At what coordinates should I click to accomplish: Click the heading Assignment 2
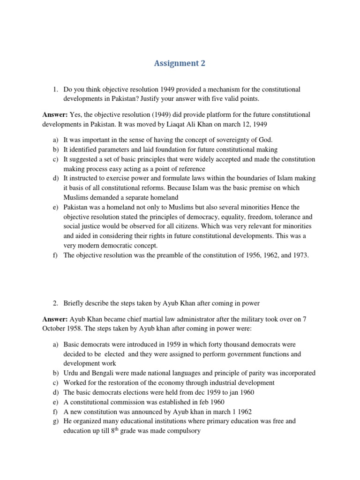pyautogui.click(x=180, y=64)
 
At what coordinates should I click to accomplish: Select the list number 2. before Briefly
pyautogui.click(x=55, y=302)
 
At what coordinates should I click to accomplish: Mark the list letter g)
pyautogui.click(x=55, y=421)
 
